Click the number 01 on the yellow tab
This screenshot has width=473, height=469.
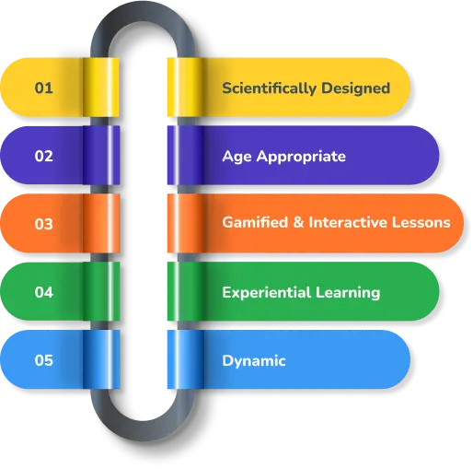[43, 88]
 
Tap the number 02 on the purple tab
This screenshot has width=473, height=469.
[43, 156]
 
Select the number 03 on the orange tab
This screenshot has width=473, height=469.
[43, 224]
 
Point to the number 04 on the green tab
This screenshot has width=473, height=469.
[43, 292]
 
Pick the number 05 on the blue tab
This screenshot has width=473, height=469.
[43, 360]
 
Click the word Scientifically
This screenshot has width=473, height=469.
[269, 88]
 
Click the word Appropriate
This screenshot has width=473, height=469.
[301, 157]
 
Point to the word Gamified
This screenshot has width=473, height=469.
[255, 222]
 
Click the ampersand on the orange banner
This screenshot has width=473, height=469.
[298, 222]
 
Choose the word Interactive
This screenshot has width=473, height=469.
[348, 222]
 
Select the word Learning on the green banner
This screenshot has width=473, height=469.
[348, 293]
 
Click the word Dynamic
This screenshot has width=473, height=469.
[254, 361]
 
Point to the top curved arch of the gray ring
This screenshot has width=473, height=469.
[143, 12]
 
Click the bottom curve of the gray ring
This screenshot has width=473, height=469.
[143, 430]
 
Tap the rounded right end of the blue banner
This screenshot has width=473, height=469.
[398, 359]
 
